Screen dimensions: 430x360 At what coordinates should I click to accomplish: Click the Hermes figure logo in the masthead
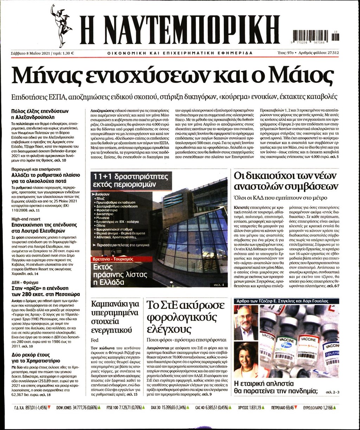pyautogui.click(x=60, y=25)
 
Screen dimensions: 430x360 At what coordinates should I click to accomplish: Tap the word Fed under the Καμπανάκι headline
pyautogui.click(x=95, y=340)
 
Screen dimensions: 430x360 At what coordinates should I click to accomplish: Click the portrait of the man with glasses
pyautogui.click(x=246, y=322)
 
